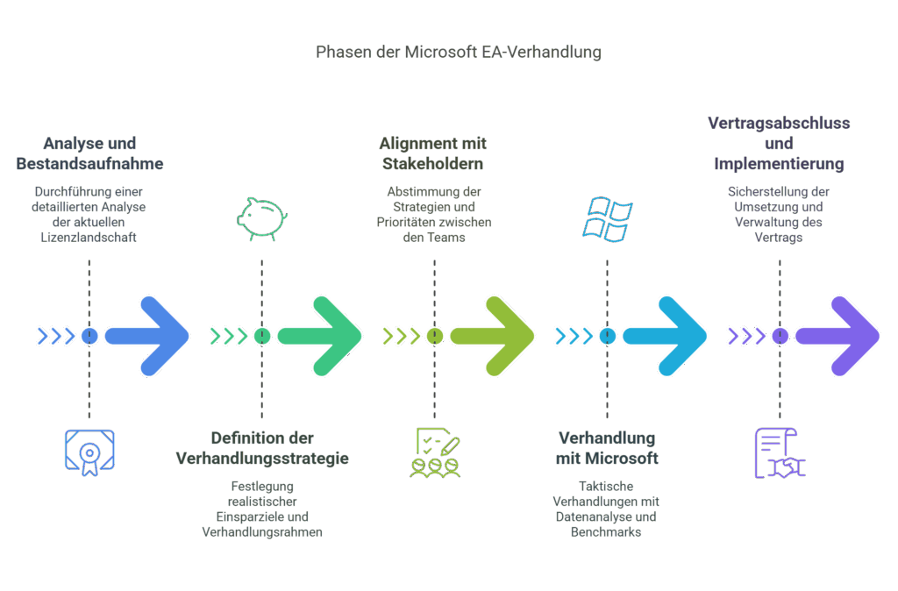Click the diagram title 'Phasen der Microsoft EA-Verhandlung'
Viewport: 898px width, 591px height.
pyautogui.click(x=458, y=52)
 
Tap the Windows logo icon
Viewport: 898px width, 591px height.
pyautogui.click(x=607, y=218)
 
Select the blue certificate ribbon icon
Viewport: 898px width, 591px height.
pyautogui.click(x=89, y=452)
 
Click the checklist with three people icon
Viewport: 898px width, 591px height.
pyautogui.click(x=434, y=452)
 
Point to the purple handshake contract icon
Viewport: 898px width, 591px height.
pyautogui.click(x=780, y=452)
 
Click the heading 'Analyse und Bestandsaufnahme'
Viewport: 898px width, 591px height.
pyautogui.click(x=89, y=153)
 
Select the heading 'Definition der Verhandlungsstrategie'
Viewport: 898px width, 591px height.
pyautogui.click(x=261, y=448)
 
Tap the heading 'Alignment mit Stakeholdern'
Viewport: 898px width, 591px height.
pyautogui.click(x=433, y=153)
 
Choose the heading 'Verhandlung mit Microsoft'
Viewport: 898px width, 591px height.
pyautogui.click(x=606, y=448)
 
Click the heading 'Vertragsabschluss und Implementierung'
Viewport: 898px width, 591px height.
pyautogui.click(x=779, y=144)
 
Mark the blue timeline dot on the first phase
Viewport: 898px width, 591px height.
pyautogui.click(x=89, y=336)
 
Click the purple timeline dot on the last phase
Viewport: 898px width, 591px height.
pyautogui.click(x=780, y=336)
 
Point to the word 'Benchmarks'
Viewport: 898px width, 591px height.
pyautogui.click(x=605, y=531)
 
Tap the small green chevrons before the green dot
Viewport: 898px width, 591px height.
pyautogui.click(x=228, y=336)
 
